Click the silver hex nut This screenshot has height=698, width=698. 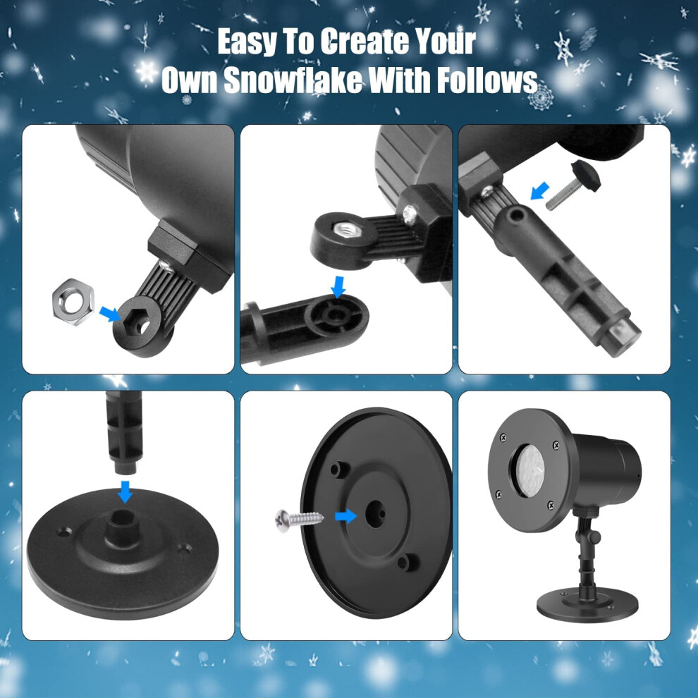point(73,302)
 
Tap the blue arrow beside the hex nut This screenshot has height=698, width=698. point(109,313)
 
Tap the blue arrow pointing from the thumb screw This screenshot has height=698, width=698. point(539,191)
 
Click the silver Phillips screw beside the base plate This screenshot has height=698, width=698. point(300,520)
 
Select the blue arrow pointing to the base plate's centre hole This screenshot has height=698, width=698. point(345,516)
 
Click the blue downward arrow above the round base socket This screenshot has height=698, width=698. point(125,491)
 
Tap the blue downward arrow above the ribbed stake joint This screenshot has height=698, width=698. point(338,286)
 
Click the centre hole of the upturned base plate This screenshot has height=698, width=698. point(375,514)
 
